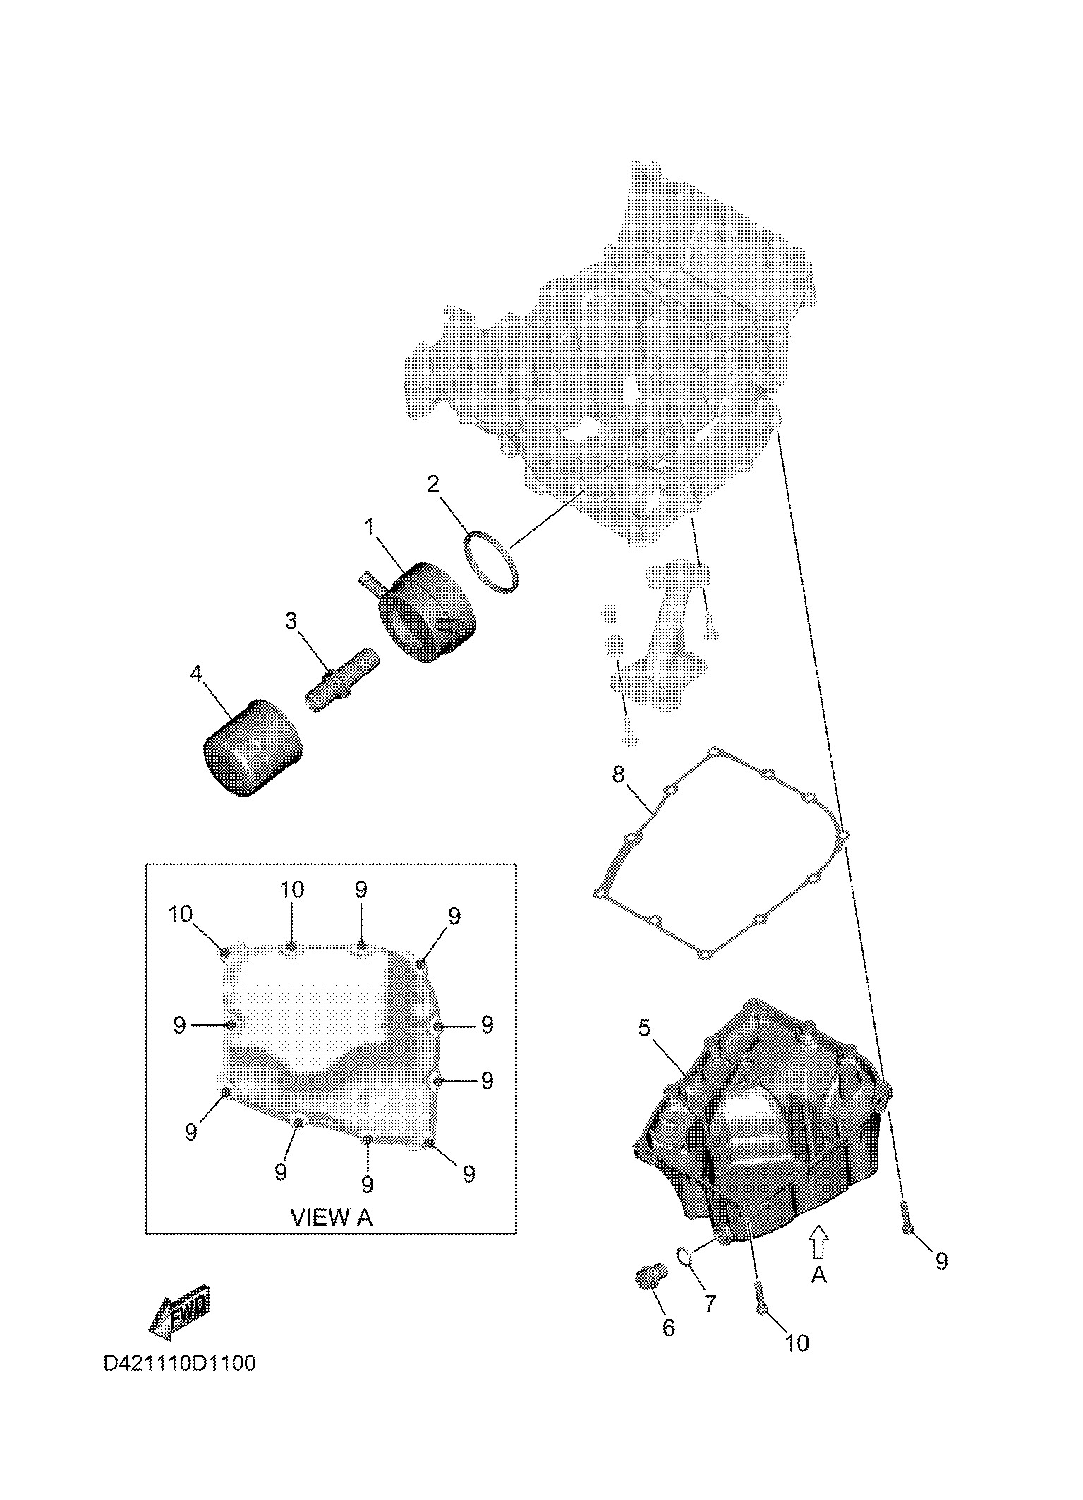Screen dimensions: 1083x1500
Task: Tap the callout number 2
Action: coord(433,484)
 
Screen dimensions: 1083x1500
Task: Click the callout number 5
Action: coord(644,1028)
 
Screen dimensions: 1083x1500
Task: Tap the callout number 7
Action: coord(710,1303)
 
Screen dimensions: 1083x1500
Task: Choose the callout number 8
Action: coord(618,775)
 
